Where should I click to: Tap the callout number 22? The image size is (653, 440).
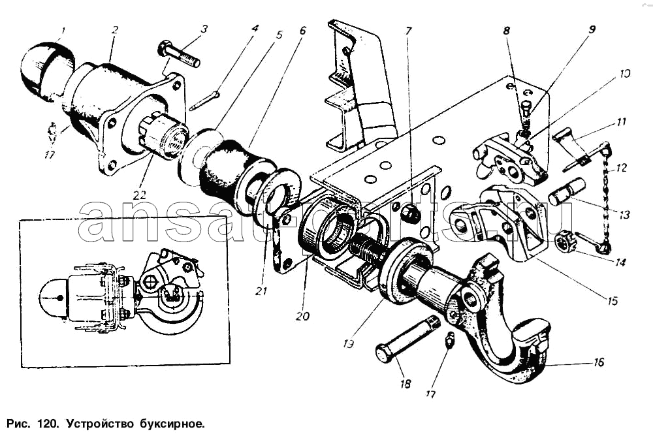138,194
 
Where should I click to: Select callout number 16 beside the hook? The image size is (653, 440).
599,362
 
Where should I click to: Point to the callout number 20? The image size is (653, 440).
302,315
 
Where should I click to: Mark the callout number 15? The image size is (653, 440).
612,302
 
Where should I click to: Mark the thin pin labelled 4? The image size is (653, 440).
205,100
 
